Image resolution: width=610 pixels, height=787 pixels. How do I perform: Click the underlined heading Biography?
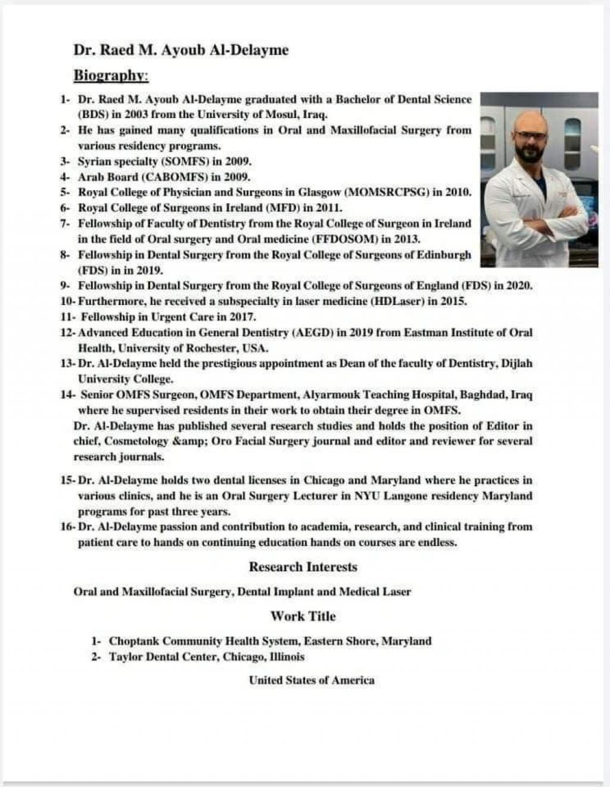(x=111, y=76)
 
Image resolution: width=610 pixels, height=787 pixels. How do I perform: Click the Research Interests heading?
(x=303, y=567)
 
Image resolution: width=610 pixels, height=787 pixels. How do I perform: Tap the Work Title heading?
(x=303, y=616)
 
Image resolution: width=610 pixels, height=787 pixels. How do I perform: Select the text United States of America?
(x=312, y=680)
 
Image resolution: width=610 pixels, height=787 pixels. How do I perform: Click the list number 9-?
(x=66, y=286)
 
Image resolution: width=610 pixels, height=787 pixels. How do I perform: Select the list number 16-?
(x=67, y=527)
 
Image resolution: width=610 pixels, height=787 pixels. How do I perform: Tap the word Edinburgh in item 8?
(x=443, y=255)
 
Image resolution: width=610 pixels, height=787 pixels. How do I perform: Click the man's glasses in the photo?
(x=531, y=135)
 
